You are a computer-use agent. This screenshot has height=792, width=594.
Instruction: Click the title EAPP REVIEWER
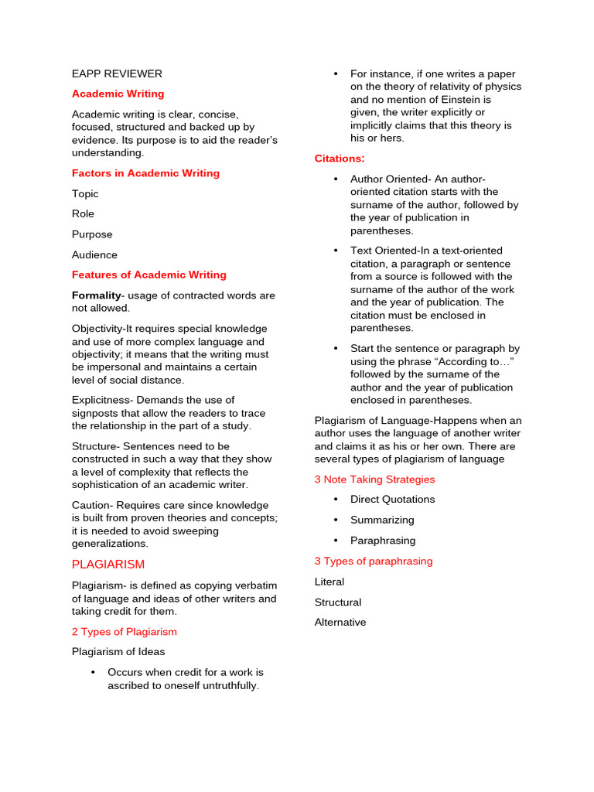point(117,73)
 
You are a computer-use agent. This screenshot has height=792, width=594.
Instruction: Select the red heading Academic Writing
point(118,94)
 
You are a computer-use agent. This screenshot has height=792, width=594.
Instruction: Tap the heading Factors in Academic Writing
point(145,173)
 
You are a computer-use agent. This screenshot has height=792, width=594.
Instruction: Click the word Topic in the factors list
point(85,194)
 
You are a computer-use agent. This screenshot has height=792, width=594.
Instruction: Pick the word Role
point(83,213)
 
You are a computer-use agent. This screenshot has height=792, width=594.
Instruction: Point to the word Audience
point(94,254)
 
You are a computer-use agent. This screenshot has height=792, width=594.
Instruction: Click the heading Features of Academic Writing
point(148,275)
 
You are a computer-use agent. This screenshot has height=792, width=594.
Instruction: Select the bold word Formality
point(97,295)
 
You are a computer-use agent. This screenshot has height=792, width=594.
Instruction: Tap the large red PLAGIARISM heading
point(108,565)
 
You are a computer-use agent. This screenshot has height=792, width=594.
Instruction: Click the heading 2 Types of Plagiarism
point(125,632)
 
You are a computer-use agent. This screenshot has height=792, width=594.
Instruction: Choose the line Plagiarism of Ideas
point(118,652)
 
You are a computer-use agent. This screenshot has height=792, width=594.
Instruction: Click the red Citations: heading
point(340,159)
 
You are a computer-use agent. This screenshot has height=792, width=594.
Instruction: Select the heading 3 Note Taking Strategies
point(374,480)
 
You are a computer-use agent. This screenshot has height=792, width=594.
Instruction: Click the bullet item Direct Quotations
point(392,500)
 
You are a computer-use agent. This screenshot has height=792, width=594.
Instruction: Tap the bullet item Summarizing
point(382,520)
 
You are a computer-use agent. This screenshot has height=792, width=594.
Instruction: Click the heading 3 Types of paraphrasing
point(374,561)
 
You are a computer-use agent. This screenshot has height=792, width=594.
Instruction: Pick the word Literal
point(329,582)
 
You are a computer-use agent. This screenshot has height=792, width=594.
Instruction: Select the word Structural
point(338,602)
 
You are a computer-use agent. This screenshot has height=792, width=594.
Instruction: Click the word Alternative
point(340,623)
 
